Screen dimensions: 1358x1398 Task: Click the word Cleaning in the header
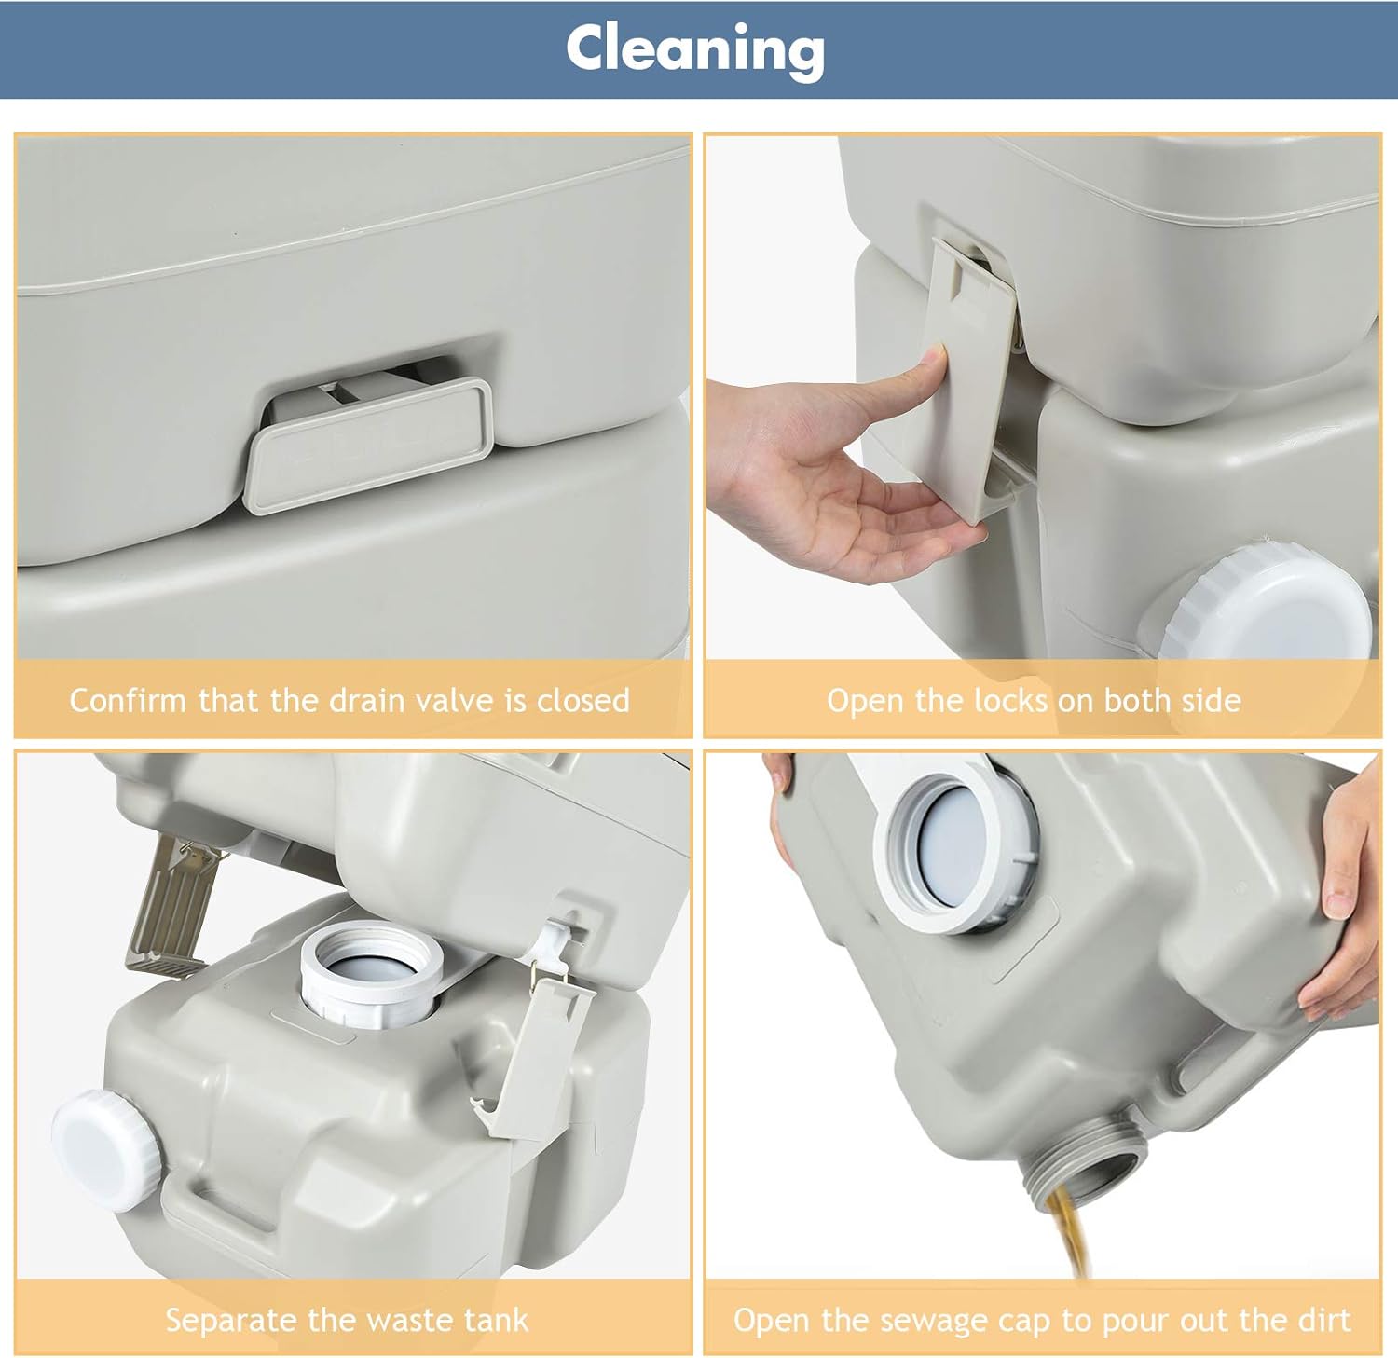695,48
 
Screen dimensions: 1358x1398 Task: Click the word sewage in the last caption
935,1320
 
